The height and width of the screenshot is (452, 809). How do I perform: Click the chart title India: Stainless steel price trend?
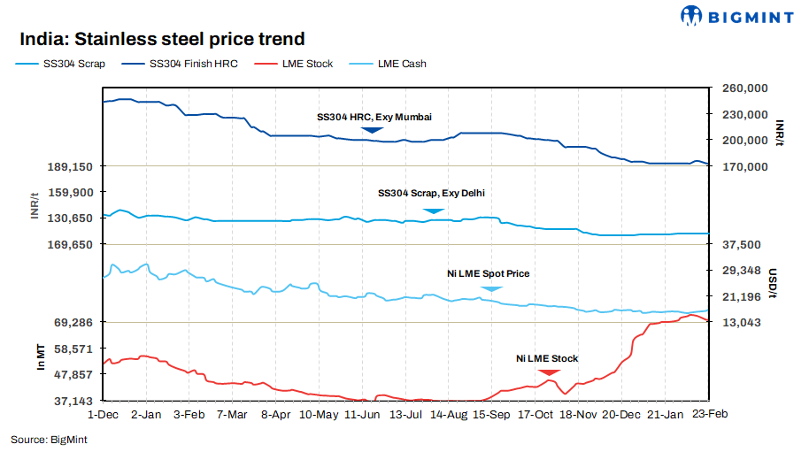162,39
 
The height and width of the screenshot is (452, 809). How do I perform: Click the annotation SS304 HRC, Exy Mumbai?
374,117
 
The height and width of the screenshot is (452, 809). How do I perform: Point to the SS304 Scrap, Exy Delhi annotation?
431,193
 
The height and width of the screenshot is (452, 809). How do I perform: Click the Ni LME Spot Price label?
488,274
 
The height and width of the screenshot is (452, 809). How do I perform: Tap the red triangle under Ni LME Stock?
548,372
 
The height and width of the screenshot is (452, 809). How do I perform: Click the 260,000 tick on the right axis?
744,88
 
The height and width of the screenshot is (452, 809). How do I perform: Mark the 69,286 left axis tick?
77,323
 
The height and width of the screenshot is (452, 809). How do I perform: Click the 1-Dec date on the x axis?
104,414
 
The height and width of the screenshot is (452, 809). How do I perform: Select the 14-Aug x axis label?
450,414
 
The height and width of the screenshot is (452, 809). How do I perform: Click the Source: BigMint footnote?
43,439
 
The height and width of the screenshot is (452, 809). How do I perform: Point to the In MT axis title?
41,355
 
